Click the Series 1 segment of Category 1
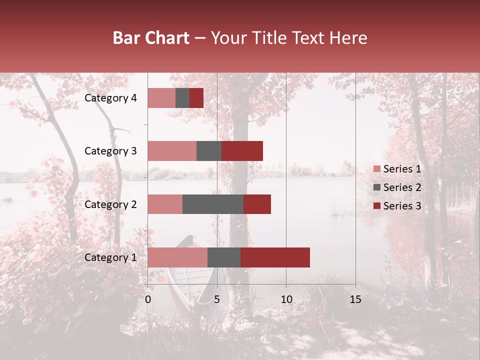pos(177,257)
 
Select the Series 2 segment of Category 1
pos(223,257)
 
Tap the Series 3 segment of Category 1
pos(275,257)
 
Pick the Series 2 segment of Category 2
pos(212,204)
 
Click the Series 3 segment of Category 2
pos(257,204)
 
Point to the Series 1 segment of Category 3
pos(171,150)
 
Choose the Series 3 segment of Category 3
pos(242,150)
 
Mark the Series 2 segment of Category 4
pos(182,97)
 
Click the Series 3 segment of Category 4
pos(196,97)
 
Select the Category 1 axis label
pos(110,257)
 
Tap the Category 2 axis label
pos(110,204)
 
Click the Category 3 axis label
pos(110,151)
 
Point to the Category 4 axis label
pos(110,98)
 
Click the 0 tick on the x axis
pos(148,299)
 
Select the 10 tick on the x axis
pos(286,299)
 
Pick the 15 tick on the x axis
pos(355,299)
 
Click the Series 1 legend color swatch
pos(376,169)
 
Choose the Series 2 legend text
pos(402,187)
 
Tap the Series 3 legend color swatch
pos(376,206)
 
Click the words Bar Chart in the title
pos(151,38)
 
